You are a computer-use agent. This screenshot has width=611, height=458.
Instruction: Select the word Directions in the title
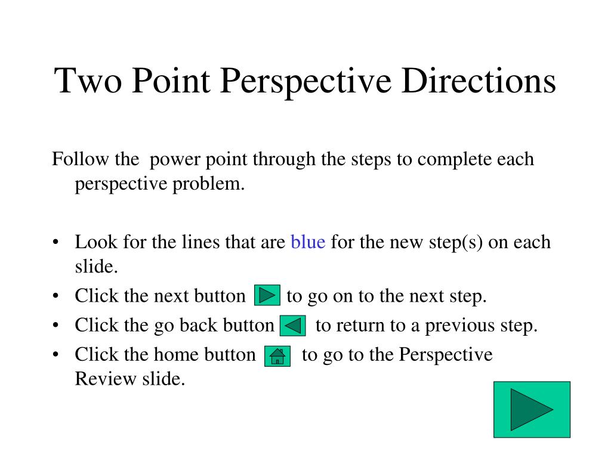point(478,81)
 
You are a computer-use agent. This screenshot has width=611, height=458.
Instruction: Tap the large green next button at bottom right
point(532,410)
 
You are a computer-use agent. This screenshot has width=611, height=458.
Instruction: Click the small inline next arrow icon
point(267,296)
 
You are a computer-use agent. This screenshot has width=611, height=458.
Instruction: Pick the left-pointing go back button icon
point(292,326)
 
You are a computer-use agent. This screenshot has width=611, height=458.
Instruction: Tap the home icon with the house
point(277,356)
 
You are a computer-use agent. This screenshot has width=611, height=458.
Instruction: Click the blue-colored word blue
point(308,243)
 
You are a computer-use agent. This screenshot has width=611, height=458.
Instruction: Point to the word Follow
point(73,160)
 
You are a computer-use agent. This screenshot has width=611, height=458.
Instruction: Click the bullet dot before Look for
point(55,243)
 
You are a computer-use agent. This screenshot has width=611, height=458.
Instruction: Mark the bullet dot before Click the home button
point(55,355)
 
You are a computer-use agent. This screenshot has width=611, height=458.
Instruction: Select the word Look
point(95,243)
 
